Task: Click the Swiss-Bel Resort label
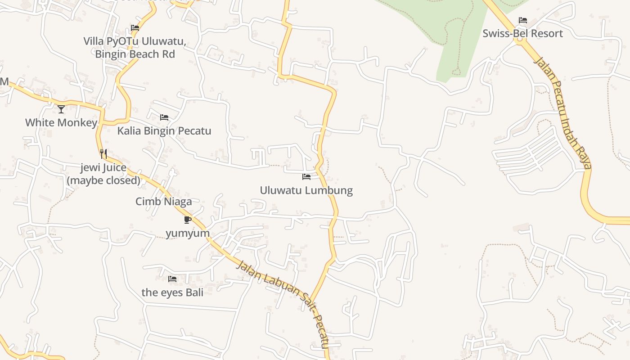(x=522, y=34)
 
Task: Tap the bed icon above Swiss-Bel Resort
(x=522, y=20)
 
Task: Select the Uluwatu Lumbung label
(x=306, y=190)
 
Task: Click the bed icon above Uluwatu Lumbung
(x=306, y=177)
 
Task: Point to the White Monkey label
(x=61, y=123)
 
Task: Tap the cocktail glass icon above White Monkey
(x=61, y=109)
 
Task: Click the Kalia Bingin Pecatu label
(x=164, y=131)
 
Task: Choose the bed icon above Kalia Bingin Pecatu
(x=164, y=117)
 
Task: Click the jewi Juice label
(x=103, y=168)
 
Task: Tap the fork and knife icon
(x=103, y=154)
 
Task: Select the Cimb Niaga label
(x=164, y=202)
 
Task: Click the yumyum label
(x=188, y=233)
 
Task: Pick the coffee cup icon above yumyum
(x=188, y=220)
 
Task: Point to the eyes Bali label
(x=172, y=292)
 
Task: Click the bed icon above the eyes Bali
(x=172, y=279)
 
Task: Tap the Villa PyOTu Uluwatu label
(x=135, y=41)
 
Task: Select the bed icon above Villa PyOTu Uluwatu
(x=135, y=28)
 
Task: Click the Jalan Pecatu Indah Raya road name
(x=562, y=112)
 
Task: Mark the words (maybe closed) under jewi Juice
(x=103, y=180)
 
